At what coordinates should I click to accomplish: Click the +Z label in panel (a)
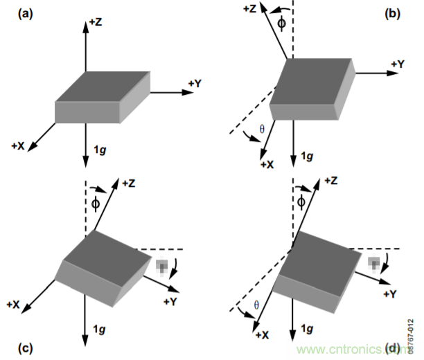click(x=96, y=23)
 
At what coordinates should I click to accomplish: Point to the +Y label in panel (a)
click(x=195, y=83)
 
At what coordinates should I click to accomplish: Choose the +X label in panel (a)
click(x=19, y=146)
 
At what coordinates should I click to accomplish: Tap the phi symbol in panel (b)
click(x=281, y=23)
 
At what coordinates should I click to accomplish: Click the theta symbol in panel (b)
click(x=261, y=128)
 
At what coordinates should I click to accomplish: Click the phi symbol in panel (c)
click(x=96, y=202)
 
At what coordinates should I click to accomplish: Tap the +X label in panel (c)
click(x=14, y=304)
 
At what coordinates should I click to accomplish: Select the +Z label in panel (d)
click(x=328, y=181)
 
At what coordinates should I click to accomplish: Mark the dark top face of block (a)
click(x=104, y=87)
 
